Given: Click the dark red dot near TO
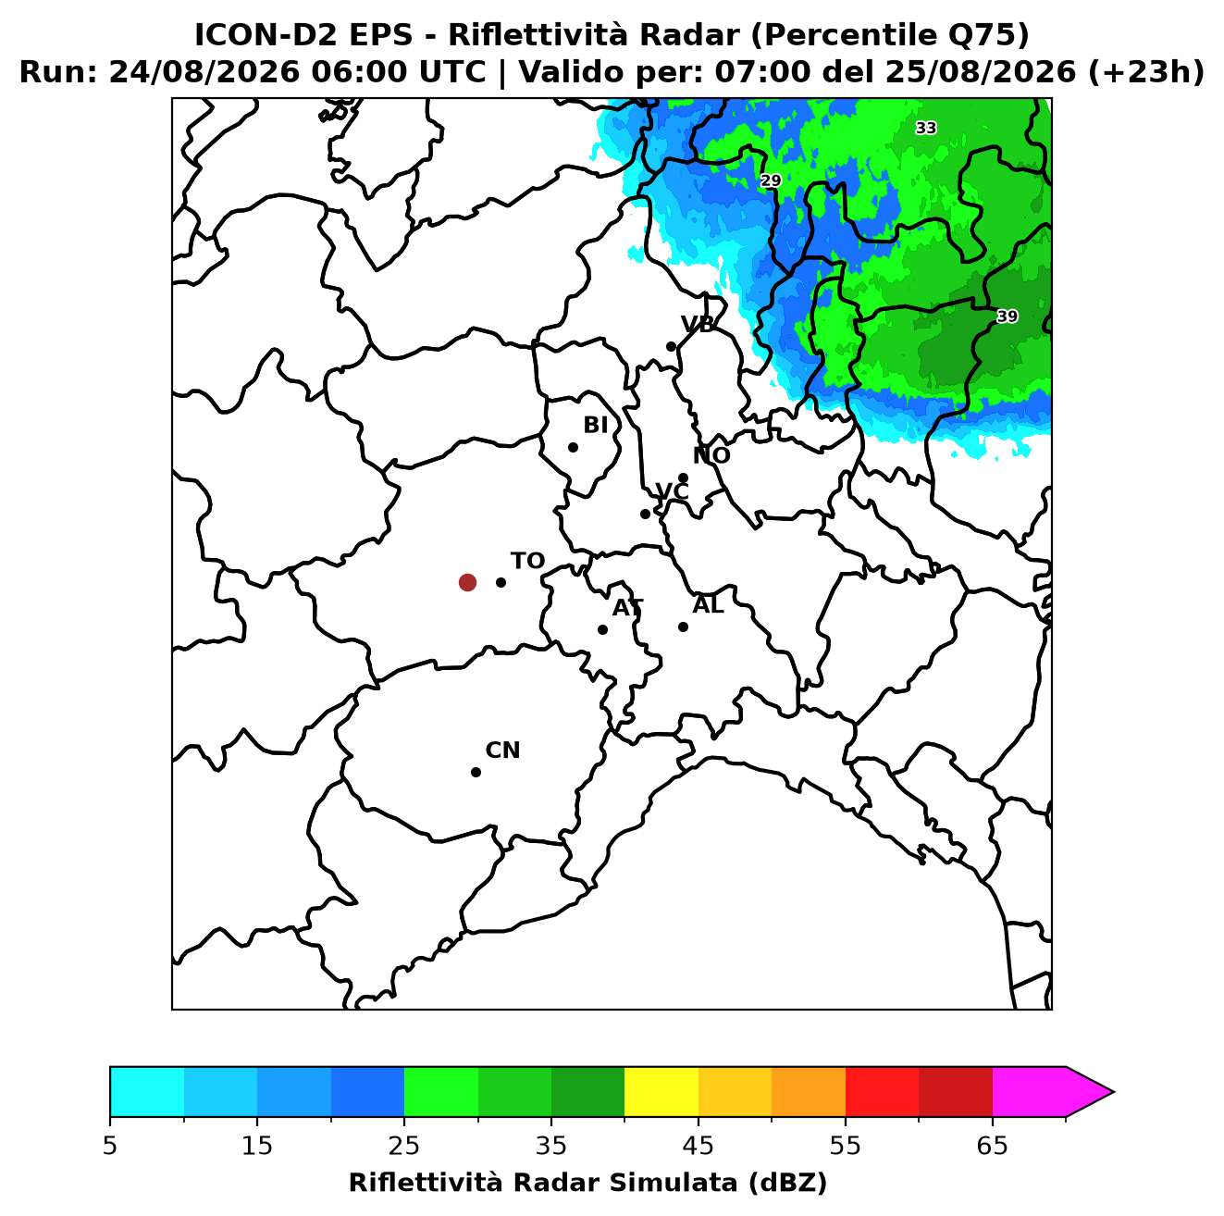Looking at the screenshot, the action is coord(467,581).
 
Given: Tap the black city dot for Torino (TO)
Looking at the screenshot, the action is coord(501,582).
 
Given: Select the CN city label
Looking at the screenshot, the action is coord(502,751).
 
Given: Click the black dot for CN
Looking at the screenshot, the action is coord(476,773).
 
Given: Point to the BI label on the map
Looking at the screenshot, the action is coord(595,426).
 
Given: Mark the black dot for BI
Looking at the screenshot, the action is coord(573,448).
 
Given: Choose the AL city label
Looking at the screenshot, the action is coord(708,605).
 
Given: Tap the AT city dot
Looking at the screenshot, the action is coord(602,630).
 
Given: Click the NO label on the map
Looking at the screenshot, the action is coord(711,455).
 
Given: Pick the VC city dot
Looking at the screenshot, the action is coord(645,514).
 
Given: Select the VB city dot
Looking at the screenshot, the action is coord(671,346).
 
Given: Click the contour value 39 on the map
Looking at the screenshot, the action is coord(1007,316).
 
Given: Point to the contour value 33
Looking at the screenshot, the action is coord(925,129).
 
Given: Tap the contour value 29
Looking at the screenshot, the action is coord(771,181).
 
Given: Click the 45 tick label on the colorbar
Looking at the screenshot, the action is coord(699,1146).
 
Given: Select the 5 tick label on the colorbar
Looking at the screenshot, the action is coord(110,1146).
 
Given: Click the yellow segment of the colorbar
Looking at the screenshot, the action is coord(661,1091).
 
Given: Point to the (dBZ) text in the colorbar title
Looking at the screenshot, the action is coord(787,1183).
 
